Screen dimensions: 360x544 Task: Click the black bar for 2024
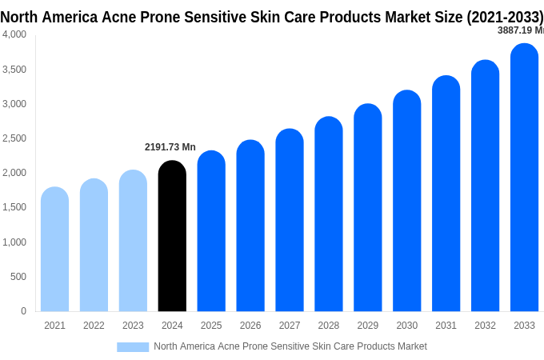(x=172, y=236)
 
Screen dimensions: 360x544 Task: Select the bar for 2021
(x=54, y=250)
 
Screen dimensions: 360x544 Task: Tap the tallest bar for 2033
(x=524, y=178)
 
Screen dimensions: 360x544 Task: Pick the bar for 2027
(x=290, y=220)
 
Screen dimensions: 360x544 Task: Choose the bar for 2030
(x=406, y=201)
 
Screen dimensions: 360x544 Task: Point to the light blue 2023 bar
(x=133, y=241)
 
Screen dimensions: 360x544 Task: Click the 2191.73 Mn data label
(x=170, y=147)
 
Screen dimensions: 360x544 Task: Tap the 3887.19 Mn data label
(x=520, y=30)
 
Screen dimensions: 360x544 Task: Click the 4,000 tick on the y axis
(x=14, y=34)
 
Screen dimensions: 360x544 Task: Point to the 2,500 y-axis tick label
(x=14, y=138)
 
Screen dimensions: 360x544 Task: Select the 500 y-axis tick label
(x=18, y=277)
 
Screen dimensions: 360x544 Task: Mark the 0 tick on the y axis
(x=23, y=311)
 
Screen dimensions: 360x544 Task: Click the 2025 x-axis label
(x=211, y=326)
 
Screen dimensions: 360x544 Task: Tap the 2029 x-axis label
(x=367, y=326)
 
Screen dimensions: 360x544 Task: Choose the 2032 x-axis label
(x=485, y=326)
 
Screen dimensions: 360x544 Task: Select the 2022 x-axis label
(x=94, y=326)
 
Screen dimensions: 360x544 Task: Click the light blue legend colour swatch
(x=133, y=346)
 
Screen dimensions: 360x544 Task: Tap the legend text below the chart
(x=290, y=346)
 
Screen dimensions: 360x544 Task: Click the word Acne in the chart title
(x=121, y=17)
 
